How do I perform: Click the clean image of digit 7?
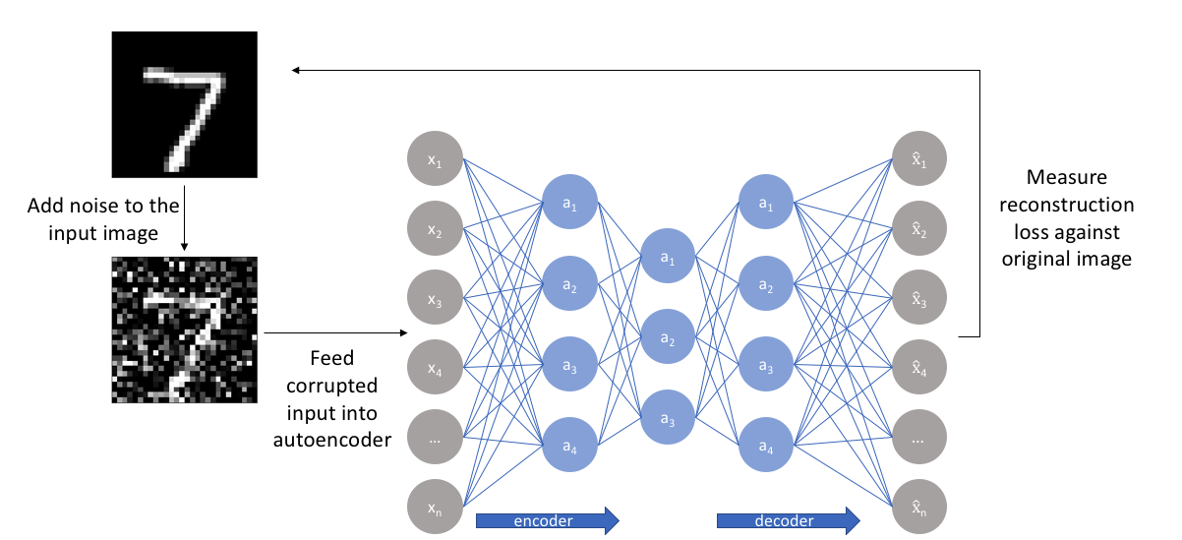point(184,105)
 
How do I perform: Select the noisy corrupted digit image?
point(184,330)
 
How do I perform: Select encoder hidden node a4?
point(569,447)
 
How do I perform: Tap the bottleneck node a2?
point(668,337)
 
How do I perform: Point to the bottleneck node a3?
point(668,419)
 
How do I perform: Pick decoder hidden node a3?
point(766,366)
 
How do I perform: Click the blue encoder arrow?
point(547,519)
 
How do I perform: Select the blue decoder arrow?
point(788,519)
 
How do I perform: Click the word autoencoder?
point(331,439)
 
